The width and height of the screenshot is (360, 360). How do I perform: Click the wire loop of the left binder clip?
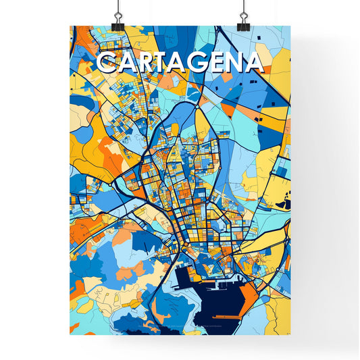coord(117,10)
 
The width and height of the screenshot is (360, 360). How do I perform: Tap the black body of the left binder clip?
coord(117,24)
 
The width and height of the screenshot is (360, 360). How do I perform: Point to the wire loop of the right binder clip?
coord(242,10)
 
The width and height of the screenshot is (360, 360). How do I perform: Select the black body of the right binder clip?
coord(242,24)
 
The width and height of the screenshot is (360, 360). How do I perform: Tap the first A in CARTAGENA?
coord(127,62)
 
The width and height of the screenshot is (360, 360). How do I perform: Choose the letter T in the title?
coord(163,62)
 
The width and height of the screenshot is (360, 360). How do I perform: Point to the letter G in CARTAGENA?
coord(198,62)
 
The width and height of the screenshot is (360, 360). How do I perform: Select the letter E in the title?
coord(215,62)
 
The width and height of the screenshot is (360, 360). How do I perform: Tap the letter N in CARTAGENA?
coord(233,62)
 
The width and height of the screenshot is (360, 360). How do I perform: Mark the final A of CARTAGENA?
coord(252,62)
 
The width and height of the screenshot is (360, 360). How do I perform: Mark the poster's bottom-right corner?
coord(290,334)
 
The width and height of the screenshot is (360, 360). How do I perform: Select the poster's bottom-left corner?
coord(70,334)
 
